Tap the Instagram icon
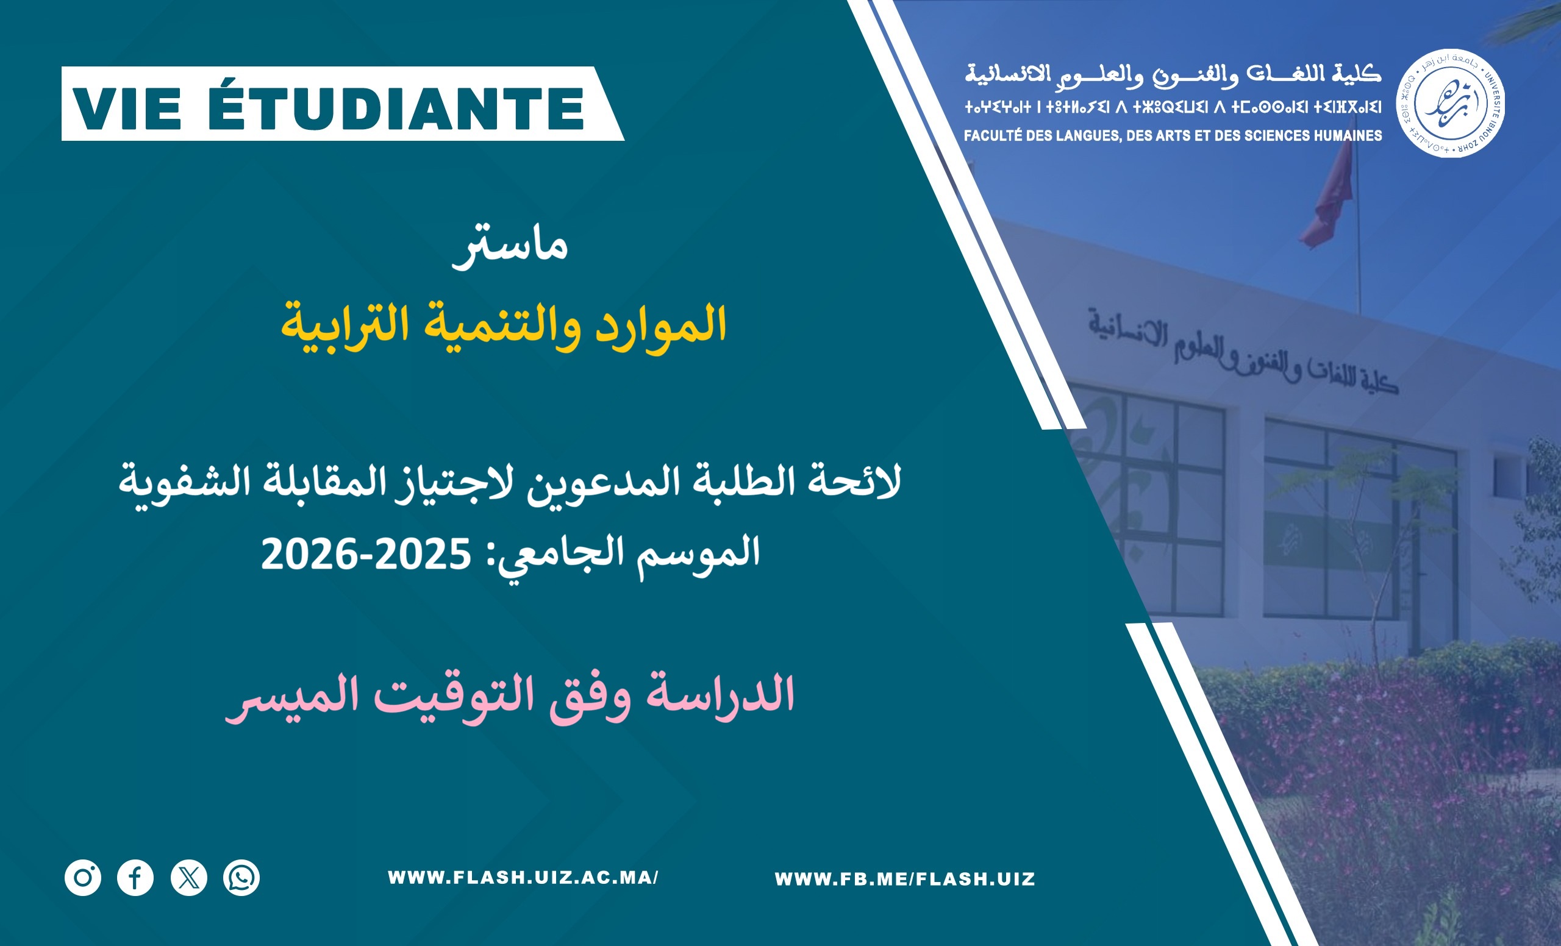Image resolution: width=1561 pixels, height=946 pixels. coord(83,878)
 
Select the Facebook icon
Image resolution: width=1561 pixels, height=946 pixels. coord(135,878)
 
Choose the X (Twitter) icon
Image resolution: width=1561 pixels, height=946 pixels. coord(189,878)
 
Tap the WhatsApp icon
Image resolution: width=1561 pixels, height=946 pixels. coord(241,878)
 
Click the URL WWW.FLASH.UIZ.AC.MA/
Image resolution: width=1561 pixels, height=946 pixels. coord(523,878)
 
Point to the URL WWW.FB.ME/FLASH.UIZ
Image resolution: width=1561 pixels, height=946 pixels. coord(905,879)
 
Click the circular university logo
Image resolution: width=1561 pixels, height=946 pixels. coord(1451,103)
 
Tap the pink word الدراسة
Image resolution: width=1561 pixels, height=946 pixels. coord(720,695)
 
